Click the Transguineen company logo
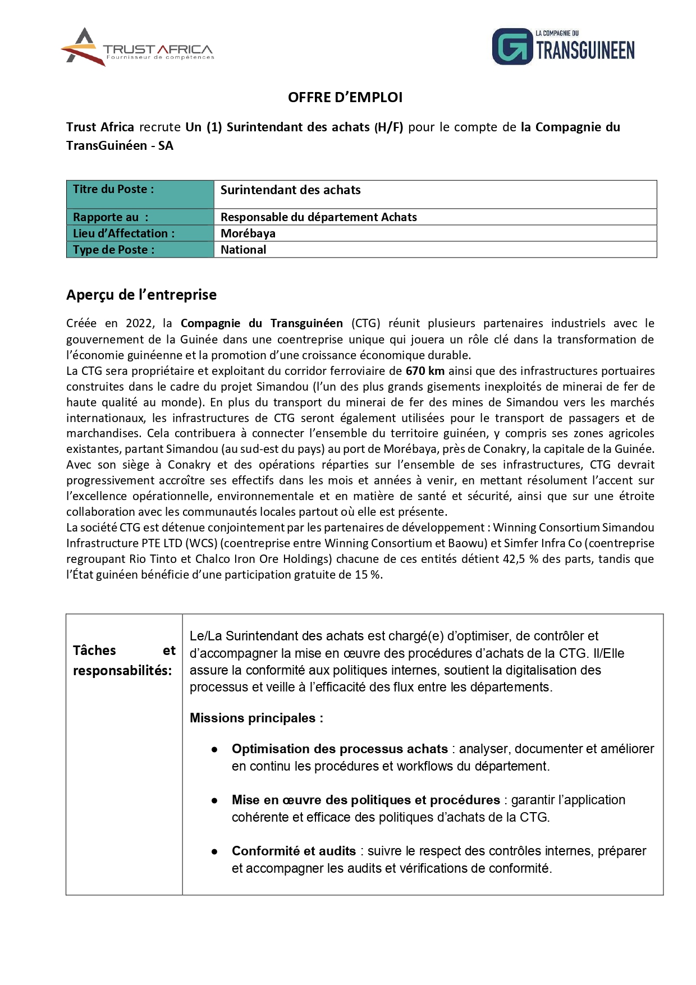563,47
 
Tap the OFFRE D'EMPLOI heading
345,98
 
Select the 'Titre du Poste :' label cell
140,194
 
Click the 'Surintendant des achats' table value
291,190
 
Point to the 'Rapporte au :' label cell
140,217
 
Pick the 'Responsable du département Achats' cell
319,217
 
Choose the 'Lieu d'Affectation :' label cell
140,233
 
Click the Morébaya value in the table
248,233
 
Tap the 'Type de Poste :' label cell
140,250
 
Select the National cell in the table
244,250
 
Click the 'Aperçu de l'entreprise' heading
141,295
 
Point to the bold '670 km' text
425,371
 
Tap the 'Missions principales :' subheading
257,718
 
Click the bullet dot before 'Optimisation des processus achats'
214,750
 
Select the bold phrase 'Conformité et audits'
294,851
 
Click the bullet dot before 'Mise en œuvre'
214,801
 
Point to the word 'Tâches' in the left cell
94,650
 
